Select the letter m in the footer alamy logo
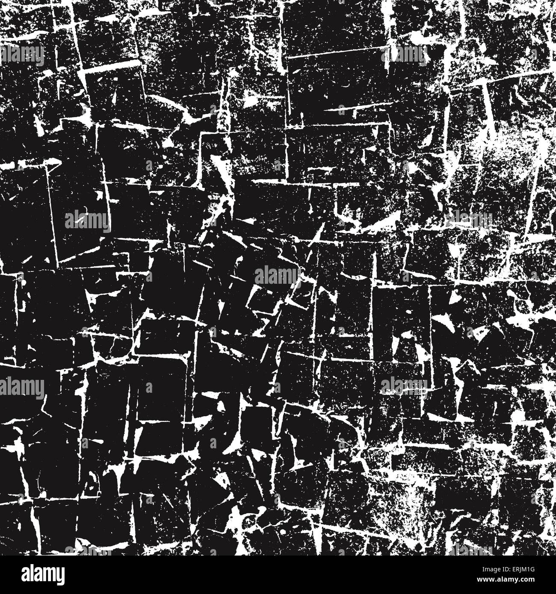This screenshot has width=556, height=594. [x=46, y=573]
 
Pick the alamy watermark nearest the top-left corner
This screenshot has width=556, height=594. [x=22, y=54]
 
